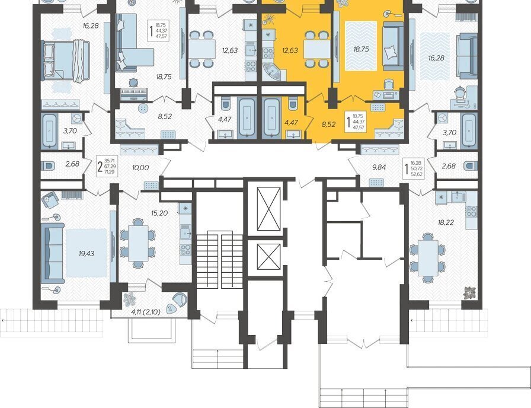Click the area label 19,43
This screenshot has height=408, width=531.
point(87,253)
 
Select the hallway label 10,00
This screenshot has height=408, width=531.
point(140,167)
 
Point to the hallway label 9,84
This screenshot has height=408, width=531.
point(379,167)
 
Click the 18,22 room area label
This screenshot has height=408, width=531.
point(446,222)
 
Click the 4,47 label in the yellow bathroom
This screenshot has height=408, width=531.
point(291,122)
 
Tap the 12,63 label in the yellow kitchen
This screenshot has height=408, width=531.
point(290,50)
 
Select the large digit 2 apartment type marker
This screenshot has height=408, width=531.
point(100,167)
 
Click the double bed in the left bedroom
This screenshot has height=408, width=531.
point(65,61)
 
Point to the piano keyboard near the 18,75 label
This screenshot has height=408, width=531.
point(135,94)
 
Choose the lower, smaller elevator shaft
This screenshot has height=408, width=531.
point(269,257)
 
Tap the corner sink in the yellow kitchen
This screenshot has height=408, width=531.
point(273,71)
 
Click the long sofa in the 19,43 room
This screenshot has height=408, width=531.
point(53,253)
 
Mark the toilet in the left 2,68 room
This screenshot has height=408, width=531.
point(47,166)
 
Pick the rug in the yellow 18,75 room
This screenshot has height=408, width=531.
point(361,46)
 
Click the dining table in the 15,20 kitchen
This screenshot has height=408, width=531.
point(138,243)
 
